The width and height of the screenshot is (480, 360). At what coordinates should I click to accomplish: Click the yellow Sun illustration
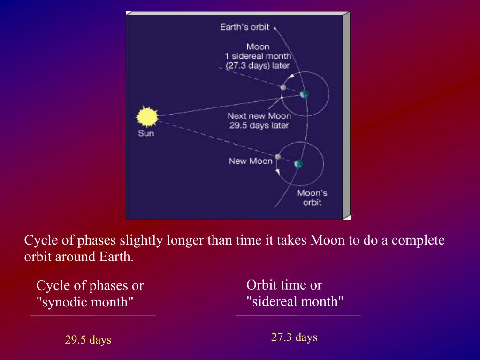(x=147, y=116)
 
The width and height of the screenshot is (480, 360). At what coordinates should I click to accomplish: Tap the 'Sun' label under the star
(x=146, y=133)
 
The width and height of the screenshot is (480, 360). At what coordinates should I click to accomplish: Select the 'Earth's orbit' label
(x=244, y=27)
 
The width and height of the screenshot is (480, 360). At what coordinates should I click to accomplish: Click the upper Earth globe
(x=305, y=94)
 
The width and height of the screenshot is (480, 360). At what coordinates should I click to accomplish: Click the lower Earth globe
(x=298, y=164)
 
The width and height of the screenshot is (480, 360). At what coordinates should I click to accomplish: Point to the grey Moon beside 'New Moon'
(x=278, y=157)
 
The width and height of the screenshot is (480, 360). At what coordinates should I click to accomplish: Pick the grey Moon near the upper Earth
(x=283, y=88)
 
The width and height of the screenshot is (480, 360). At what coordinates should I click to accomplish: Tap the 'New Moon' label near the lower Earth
(x=251, y=161)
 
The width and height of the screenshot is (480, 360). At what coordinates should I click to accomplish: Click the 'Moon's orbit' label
(x=312, y=198)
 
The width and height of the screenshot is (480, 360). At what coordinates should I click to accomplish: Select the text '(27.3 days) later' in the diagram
(x=258, y=66)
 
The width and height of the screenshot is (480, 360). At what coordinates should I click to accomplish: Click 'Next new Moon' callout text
(x=259, y=116)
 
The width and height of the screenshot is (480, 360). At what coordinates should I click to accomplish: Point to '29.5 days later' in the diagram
(x=259, y=125)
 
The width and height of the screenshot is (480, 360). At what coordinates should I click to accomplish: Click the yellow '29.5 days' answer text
(x=88, y=340)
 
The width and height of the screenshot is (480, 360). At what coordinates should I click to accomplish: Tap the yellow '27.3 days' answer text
(x=294, y=337)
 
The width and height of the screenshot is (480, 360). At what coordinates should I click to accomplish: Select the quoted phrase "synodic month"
(x=85, y=302)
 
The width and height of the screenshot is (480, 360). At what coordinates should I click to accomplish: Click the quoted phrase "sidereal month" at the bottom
(x=295, y=301)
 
